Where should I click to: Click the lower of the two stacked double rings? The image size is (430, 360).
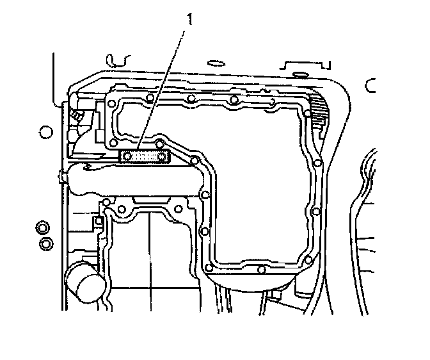tap(46, 243)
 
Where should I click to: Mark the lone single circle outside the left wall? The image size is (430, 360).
tap(45, 133)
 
